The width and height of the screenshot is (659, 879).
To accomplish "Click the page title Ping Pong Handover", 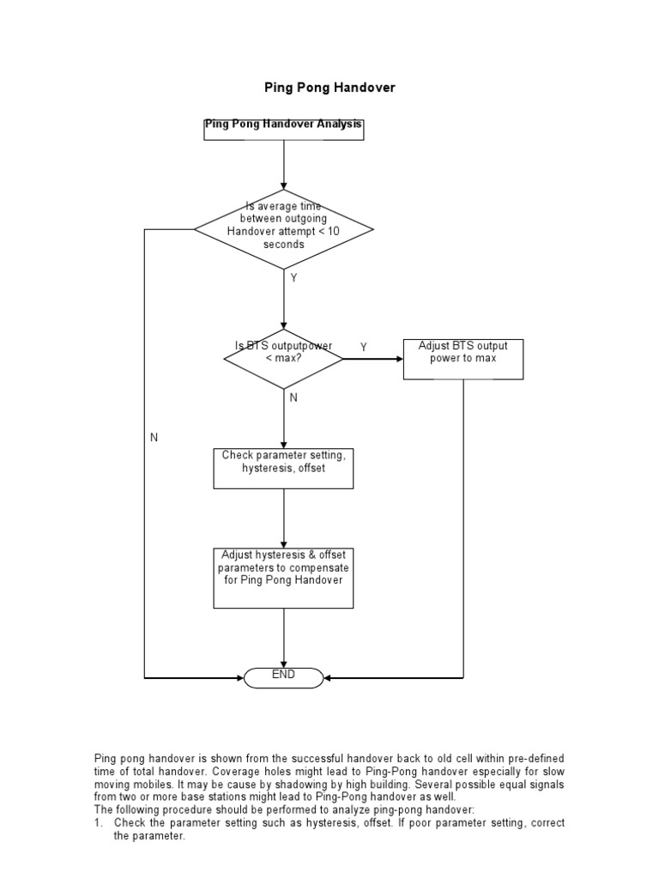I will point(329,88).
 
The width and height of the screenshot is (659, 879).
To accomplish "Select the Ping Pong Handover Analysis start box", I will point(283,128).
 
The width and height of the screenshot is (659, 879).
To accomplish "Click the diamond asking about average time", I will point(283,229).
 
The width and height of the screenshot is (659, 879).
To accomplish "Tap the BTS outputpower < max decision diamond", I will point(283,358).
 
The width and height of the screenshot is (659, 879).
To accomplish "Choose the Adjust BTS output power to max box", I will point(463,358).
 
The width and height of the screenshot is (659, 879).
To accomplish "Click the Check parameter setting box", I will point(283,468).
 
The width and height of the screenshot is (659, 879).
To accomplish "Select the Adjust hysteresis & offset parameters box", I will point(283,578).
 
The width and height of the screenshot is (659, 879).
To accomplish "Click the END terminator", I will point(283,677).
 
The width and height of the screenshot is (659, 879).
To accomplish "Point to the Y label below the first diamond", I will point(293,279).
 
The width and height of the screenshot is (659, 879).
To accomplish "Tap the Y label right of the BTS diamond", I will point(363,348).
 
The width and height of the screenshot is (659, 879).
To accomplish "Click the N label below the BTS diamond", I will point(293,398).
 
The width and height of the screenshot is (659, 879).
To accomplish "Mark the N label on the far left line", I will point(154,438).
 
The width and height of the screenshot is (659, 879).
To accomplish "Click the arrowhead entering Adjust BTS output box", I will point(398,358).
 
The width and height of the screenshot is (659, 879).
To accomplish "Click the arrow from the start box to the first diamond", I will point(283,165).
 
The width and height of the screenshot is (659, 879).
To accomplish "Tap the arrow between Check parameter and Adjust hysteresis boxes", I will point(283,518).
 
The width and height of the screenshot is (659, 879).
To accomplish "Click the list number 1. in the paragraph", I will point(99,823).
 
